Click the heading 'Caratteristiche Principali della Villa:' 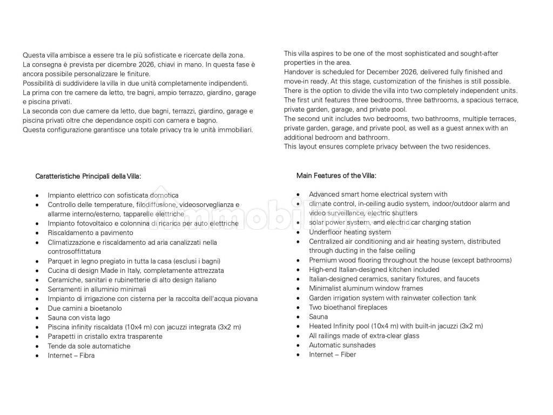click(88, 176)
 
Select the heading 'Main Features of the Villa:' click(336, 176)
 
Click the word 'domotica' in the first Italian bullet click(164, 195)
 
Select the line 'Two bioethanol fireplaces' click(348, 307)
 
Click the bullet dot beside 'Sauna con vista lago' click(37, 318)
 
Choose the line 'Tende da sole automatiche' click(89, 346)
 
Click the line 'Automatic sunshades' click(342, 345)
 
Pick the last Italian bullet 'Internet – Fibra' click(71, 356)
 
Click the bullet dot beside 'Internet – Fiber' click(299, 354)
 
